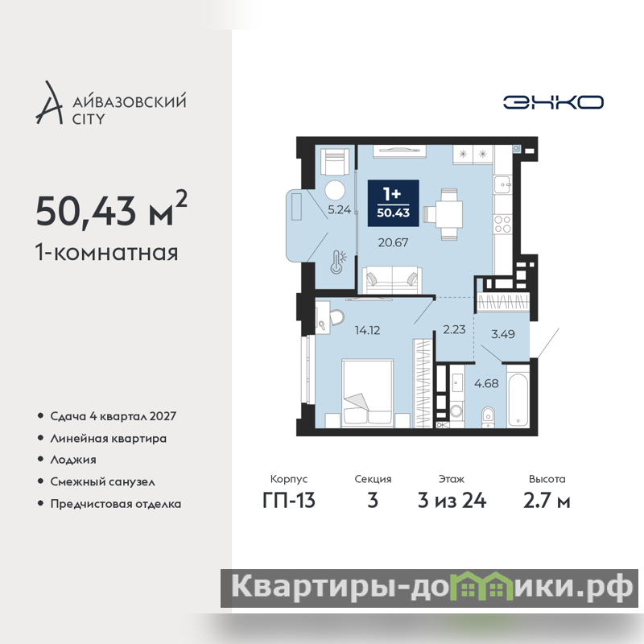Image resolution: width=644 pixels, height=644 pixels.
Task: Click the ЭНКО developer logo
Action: (553, 102)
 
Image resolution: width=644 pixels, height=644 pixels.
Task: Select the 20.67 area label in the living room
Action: (393, 242)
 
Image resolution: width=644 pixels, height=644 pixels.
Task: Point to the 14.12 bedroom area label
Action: (367, 330)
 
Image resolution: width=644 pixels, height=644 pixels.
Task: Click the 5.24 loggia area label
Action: (339, 209)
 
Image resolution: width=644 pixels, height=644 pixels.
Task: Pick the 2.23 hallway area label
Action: (454, 329)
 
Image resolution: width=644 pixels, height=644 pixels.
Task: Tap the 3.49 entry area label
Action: (502, 333)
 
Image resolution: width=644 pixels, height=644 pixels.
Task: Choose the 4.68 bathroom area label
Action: (486, 383)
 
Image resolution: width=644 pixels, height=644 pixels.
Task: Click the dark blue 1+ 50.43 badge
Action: (394, 203)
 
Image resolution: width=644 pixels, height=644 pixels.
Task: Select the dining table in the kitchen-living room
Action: (446, 213)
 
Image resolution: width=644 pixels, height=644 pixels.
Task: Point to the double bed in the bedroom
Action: (368, 394)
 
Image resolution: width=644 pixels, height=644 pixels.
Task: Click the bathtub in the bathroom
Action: (518, 400)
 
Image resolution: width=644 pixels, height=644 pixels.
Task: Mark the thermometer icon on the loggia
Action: (338, 262)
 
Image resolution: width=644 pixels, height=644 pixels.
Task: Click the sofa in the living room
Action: (392, 279)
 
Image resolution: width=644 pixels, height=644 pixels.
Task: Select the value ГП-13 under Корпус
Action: (289, 501)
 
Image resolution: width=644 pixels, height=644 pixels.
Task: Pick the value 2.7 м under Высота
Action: (547, 501)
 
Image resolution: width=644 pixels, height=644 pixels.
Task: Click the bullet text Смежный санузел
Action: (103, 481)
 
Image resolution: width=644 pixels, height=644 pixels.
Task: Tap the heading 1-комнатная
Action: (107, 252)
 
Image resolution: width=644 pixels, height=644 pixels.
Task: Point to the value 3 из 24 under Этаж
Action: (452, 501)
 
